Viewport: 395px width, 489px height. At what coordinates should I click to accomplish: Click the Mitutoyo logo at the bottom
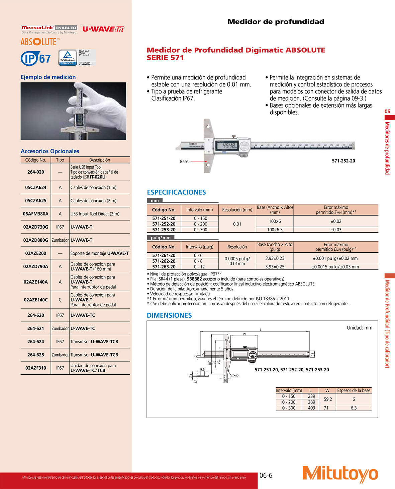coord(340,474)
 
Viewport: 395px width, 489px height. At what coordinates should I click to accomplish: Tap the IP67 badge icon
coord(36,59)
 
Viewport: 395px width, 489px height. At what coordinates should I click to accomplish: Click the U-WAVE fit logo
coord(103,29)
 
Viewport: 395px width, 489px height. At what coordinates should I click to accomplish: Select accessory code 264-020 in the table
coord(36,172)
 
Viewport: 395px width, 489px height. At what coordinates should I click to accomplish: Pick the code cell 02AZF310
coord(36,368)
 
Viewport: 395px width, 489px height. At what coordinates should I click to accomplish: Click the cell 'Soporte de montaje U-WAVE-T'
coord(99,253)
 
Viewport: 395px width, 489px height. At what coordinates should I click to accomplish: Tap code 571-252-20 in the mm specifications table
coord(164,224)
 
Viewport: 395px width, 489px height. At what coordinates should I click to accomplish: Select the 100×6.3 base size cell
coord(275,230)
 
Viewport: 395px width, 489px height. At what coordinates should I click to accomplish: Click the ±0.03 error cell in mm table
coord(336,230)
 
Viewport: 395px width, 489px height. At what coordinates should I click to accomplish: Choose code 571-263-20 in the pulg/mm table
coord(164,267)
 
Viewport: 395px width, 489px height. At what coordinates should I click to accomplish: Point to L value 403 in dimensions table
coord(311,408)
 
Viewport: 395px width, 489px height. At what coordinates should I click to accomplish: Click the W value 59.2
coord(328,399)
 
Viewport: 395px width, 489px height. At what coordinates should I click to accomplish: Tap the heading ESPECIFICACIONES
coord(176,192)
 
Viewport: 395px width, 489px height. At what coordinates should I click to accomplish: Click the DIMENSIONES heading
coord(169,315)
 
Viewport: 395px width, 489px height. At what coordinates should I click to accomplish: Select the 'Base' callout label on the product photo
coord(184,162)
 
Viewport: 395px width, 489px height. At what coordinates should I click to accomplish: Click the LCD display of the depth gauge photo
coord(226,145)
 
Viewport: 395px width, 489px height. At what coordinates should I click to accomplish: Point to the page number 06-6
coord(266,476)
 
